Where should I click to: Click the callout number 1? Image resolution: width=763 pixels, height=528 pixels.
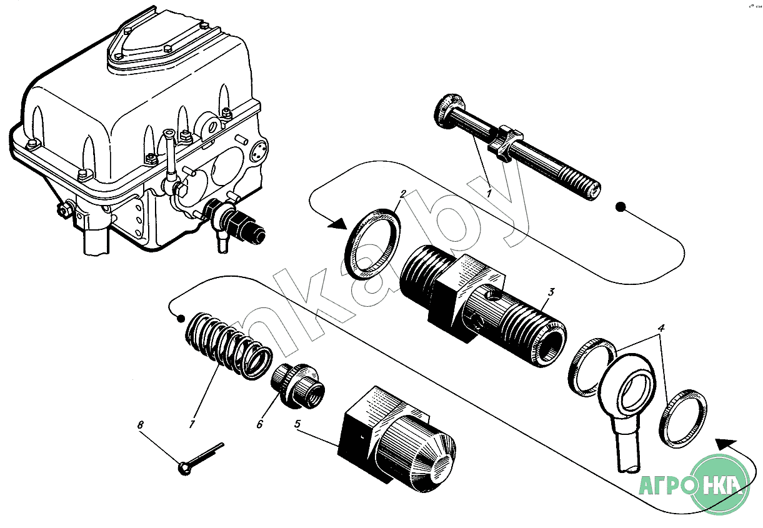(489, 194)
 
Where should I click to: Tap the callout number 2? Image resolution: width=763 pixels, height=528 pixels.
(403, 194)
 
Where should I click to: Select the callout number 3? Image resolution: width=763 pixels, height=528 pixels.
(551, 292)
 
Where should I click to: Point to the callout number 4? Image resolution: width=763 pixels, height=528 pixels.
(661, 328)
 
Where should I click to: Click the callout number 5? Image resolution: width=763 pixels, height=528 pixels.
(297, 424)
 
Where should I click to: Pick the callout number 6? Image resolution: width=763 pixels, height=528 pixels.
(259, 424)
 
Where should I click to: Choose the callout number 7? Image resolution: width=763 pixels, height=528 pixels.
(192, 424)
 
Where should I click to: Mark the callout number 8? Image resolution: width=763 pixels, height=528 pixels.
(141, 424)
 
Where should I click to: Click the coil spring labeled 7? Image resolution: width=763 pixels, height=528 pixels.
(229, 345)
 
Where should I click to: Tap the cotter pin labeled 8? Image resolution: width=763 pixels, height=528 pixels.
(201, 459)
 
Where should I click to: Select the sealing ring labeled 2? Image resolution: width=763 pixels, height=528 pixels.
(372, 245)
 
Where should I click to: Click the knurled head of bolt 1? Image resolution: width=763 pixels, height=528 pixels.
(449, 110)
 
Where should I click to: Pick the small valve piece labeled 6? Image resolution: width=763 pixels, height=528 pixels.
(297, 386)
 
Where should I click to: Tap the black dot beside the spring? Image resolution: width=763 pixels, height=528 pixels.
(181, 319)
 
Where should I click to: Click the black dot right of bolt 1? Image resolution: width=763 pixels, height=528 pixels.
(621, 207)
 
